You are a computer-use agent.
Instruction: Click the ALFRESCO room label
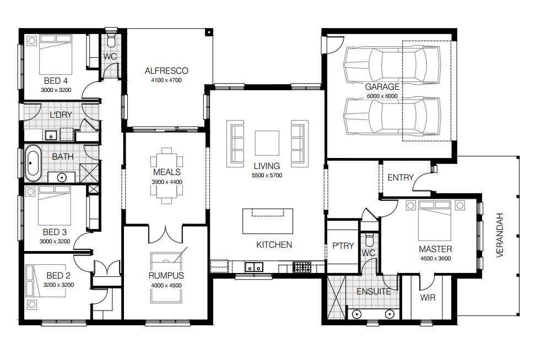[166, 70]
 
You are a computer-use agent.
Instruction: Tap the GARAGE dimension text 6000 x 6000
[382, 96]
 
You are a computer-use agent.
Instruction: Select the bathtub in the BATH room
[33, 163]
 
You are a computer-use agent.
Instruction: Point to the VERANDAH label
[500, 235]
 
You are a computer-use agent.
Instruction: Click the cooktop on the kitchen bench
[301, 267]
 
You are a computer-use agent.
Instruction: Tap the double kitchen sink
[254, 267]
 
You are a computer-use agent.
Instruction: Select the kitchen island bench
[268, 221]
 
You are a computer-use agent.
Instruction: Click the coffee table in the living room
[267, 143]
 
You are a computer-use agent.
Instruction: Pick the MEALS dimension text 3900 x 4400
[166, 182]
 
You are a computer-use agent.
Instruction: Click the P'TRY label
[343, 246]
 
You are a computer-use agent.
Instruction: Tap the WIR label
[428, 297]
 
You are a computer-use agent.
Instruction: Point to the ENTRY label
[400, 177]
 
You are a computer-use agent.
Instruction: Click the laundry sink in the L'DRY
[51, 135]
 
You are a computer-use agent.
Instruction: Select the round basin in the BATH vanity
[62, 178]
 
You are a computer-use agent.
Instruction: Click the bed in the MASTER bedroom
[435, 221]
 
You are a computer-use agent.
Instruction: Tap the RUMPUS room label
[166, 276]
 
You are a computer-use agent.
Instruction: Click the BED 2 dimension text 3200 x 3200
[58, 285]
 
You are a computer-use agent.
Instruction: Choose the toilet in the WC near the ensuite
[369, 238]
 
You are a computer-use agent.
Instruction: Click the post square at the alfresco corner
[209, 32]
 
